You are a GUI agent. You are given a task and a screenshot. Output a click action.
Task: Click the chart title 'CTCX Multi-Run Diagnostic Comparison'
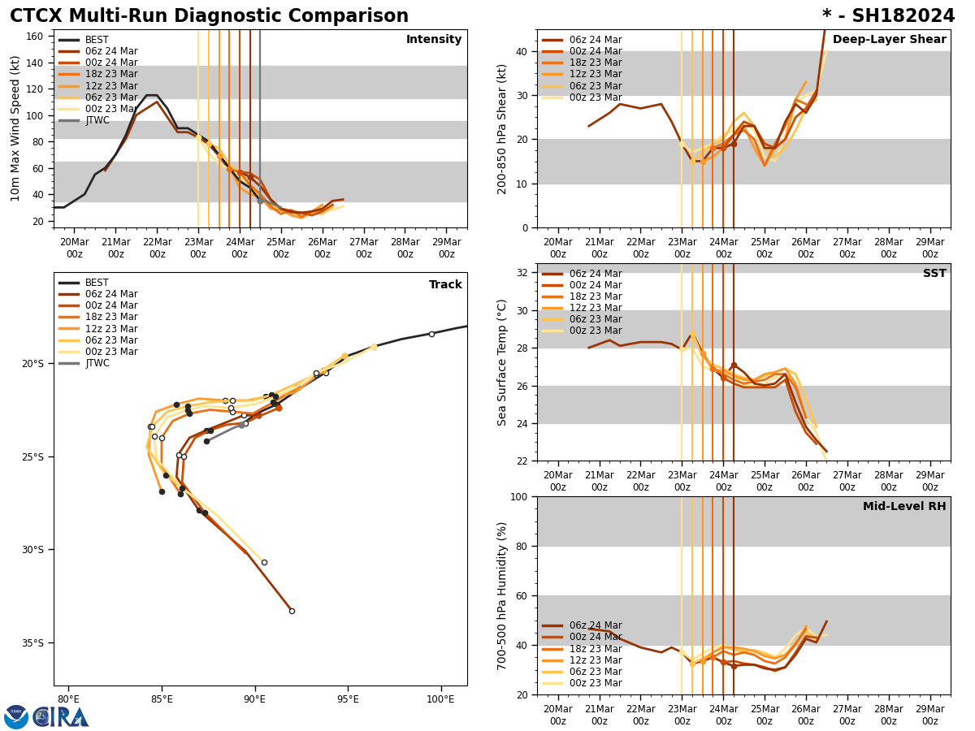click(x=209, y=16)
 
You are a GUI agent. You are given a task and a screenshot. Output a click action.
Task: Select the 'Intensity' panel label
click(x=434, y=40)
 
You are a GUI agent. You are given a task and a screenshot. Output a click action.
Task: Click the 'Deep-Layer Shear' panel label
click(x=889, y=40)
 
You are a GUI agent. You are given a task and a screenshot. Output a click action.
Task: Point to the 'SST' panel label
click(x=934, y=274)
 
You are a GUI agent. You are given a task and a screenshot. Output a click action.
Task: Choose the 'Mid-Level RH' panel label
click(x=904, y=507)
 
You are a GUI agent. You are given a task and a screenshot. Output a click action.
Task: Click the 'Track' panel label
click(x=445, y=285)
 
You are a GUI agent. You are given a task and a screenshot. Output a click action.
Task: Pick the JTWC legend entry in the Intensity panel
click(x=97, y=120)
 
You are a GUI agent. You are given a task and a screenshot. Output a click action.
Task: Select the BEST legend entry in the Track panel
click(x=97, y=283)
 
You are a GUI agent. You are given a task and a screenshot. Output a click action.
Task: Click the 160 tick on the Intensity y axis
click(x=36, y=37)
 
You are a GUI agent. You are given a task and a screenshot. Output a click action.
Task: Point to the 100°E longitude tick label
click(x=440, y=699)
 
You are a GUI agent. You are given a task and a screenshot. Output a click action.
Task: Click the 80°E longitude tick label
click(x=67, y=699)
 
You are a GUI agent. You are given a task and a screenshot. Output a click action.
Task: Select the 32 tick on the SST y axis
click(x=524, y=273)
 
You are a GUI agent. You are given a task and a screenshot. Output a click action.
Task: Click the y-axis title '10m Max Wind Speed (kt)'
click(x=15, y=128)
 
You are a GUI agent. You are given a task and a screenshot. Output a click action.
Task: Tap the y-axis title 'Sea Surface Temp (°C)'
click(x=502, y=362)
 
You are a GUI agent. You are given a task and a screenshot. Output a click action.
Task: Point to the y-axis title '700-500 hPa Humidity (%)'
click(x=502, y=595)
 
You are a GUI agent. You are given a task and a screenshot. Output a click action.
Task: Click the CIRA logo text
click(x=61, y=717)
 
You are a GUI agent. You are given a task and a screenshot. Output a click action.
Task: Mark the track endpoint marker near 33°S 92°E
click(x=292, y=611)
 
